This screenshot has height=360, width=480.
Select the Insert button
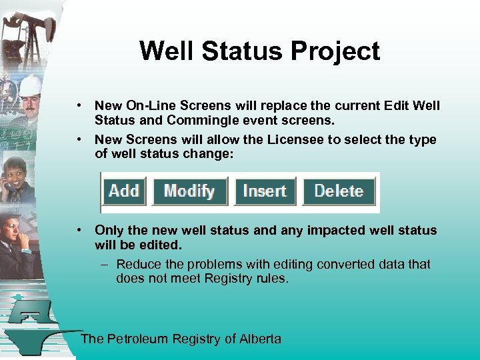point(265,191)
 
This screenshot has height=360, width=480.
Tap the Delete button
point(339,191)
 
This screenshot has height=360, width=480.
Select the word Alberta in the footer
point(260,339)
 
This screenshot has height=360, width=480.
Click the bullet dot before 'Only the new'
point(79,230)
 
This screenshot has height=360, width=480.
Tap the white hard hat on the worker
point(30,85)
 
